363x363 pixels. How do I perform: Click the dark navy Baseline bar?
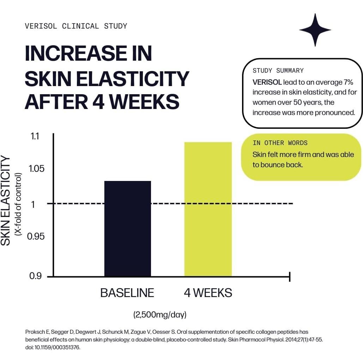coord(128,228)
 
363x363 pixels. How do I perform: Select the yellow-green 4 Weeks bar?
coord(208,209)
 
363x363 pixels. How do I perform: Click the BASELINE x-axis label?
coord(127,293)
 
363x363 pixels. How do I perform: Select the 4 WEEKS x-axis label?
coord(208,293)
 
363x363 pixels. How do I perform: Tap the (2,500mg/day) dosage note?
coord(160,315)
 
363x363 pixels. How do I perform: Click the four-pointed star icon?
coord(315,30)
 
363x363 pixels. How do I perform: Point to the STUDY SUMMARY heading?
coord(278,71)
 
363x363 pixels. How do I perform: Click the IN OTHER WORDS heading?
coord(280,143)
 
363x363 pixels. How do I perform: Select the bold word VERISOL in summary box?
coord(267,82)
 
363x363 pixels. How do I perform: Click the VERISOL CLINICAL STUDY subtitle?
coord(76,26)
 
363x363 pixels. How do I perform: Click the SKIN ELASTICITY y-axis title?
coord(6,201)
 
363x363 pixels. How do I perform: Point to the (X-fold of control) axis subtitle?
coord(18,205)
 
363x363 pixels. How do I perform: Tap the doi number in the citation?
coord(53,347)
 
